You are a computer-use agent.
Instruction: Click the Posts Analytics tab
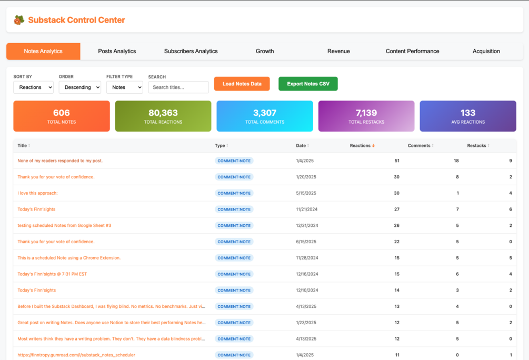point(117,51)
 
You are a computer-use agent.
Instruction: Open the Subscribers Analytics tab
point(191,51)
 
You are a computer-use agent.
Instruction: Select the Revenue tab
point(338,51)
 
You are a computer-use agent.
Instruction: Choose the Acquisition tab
point(486,51)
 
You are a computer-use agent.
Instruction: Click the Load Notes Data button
point(242,84)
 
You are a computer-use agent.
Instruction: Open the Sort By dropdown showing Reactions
point(33,87)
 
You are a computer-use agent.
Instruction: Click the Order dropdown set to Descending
point(80,87)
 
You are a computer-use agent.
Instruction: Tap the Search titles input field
point(178,87)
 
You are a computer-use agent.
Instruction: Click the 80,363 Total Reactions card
point(163,116)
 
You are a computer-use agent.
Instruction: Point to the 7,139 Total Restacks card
point(366,116)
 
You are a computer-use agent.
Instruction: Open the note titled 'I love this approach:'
point(37,193)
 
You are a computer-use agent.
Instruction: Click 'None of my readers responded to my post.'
point(60,161)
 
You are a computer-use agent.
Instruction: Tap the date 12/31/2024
point(307,225)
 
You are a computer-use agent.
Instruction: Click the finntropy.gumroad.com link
point(76,355)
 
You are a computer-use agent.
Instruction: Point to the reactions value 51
point(397,161)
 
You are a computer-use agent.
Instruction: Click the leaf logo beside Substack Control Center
point(19,20)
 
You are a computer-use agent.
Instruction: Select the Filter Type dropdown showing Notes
point(125,87)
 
